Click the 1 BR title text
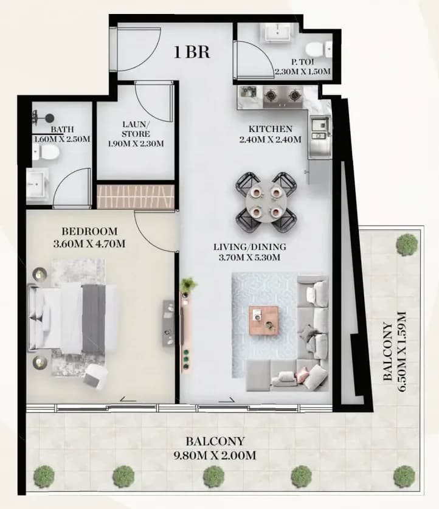point(192,52)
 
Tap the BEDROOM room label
point(89,232)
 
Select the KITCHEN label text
point(271,129)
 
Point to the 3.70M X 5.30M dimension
point(249,258)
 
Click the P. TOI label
point(302,61)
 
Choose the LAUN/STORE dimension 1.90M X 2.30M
point(136,144)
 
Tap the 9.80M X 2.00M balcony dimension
point(215,455)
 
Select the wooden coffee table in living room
point(263,320)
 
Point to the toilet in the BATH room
point(46,151)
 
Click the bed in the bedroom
point(73,318)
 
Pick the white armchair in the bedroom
point(95,376)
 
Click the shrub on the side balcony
point(407,243)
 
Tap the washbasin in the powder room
point(277,32)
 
